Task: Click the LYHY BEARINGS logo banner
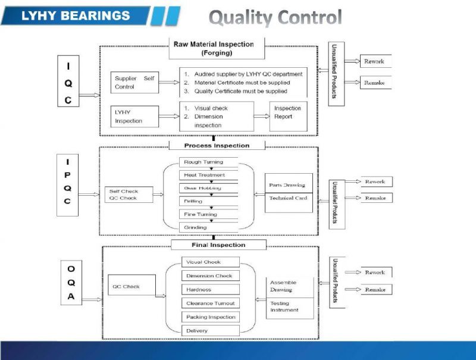[76, 15]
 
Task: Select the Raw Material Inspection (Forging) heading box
[213, 48]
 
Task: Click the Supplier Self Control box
[134, 83]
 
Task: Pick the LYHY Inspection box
[134, 116]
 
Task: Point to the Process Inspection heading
[217, 145]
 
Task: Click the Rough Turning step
[208, 162]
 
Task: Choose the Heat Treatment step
[208, 175]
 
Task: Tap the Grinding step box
[208, 227]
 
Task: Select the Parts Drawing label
[288, 184]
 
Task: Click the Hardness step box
[210, 290]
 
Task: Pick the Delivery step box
[210, 330]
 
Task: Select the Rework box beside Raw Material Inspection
[375, 61]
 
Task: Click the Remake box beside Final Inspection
[375, 289]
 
